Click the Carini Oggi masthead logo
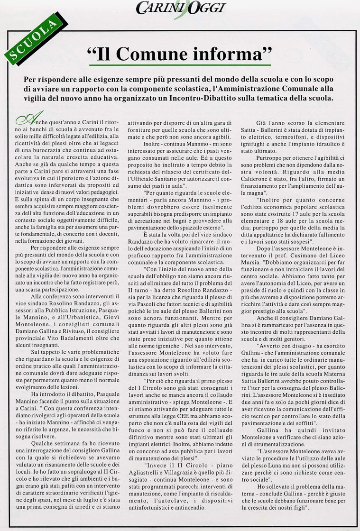180,8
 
